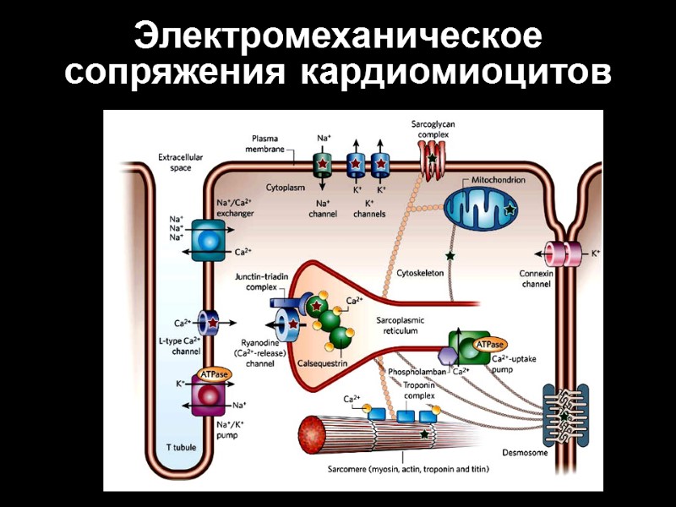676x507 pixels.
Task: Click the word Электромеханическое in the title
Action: coord(338,38)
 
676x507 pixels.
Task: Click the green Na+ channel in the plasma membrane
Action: coord(323,164)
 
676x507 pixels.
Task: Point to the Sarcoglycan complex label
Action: coord(433,128)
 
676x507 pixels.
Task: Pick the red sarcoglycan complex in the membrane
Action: coord(433,155)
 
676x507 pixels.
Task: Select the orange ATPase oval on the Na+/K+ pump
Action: coord(214,374)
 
